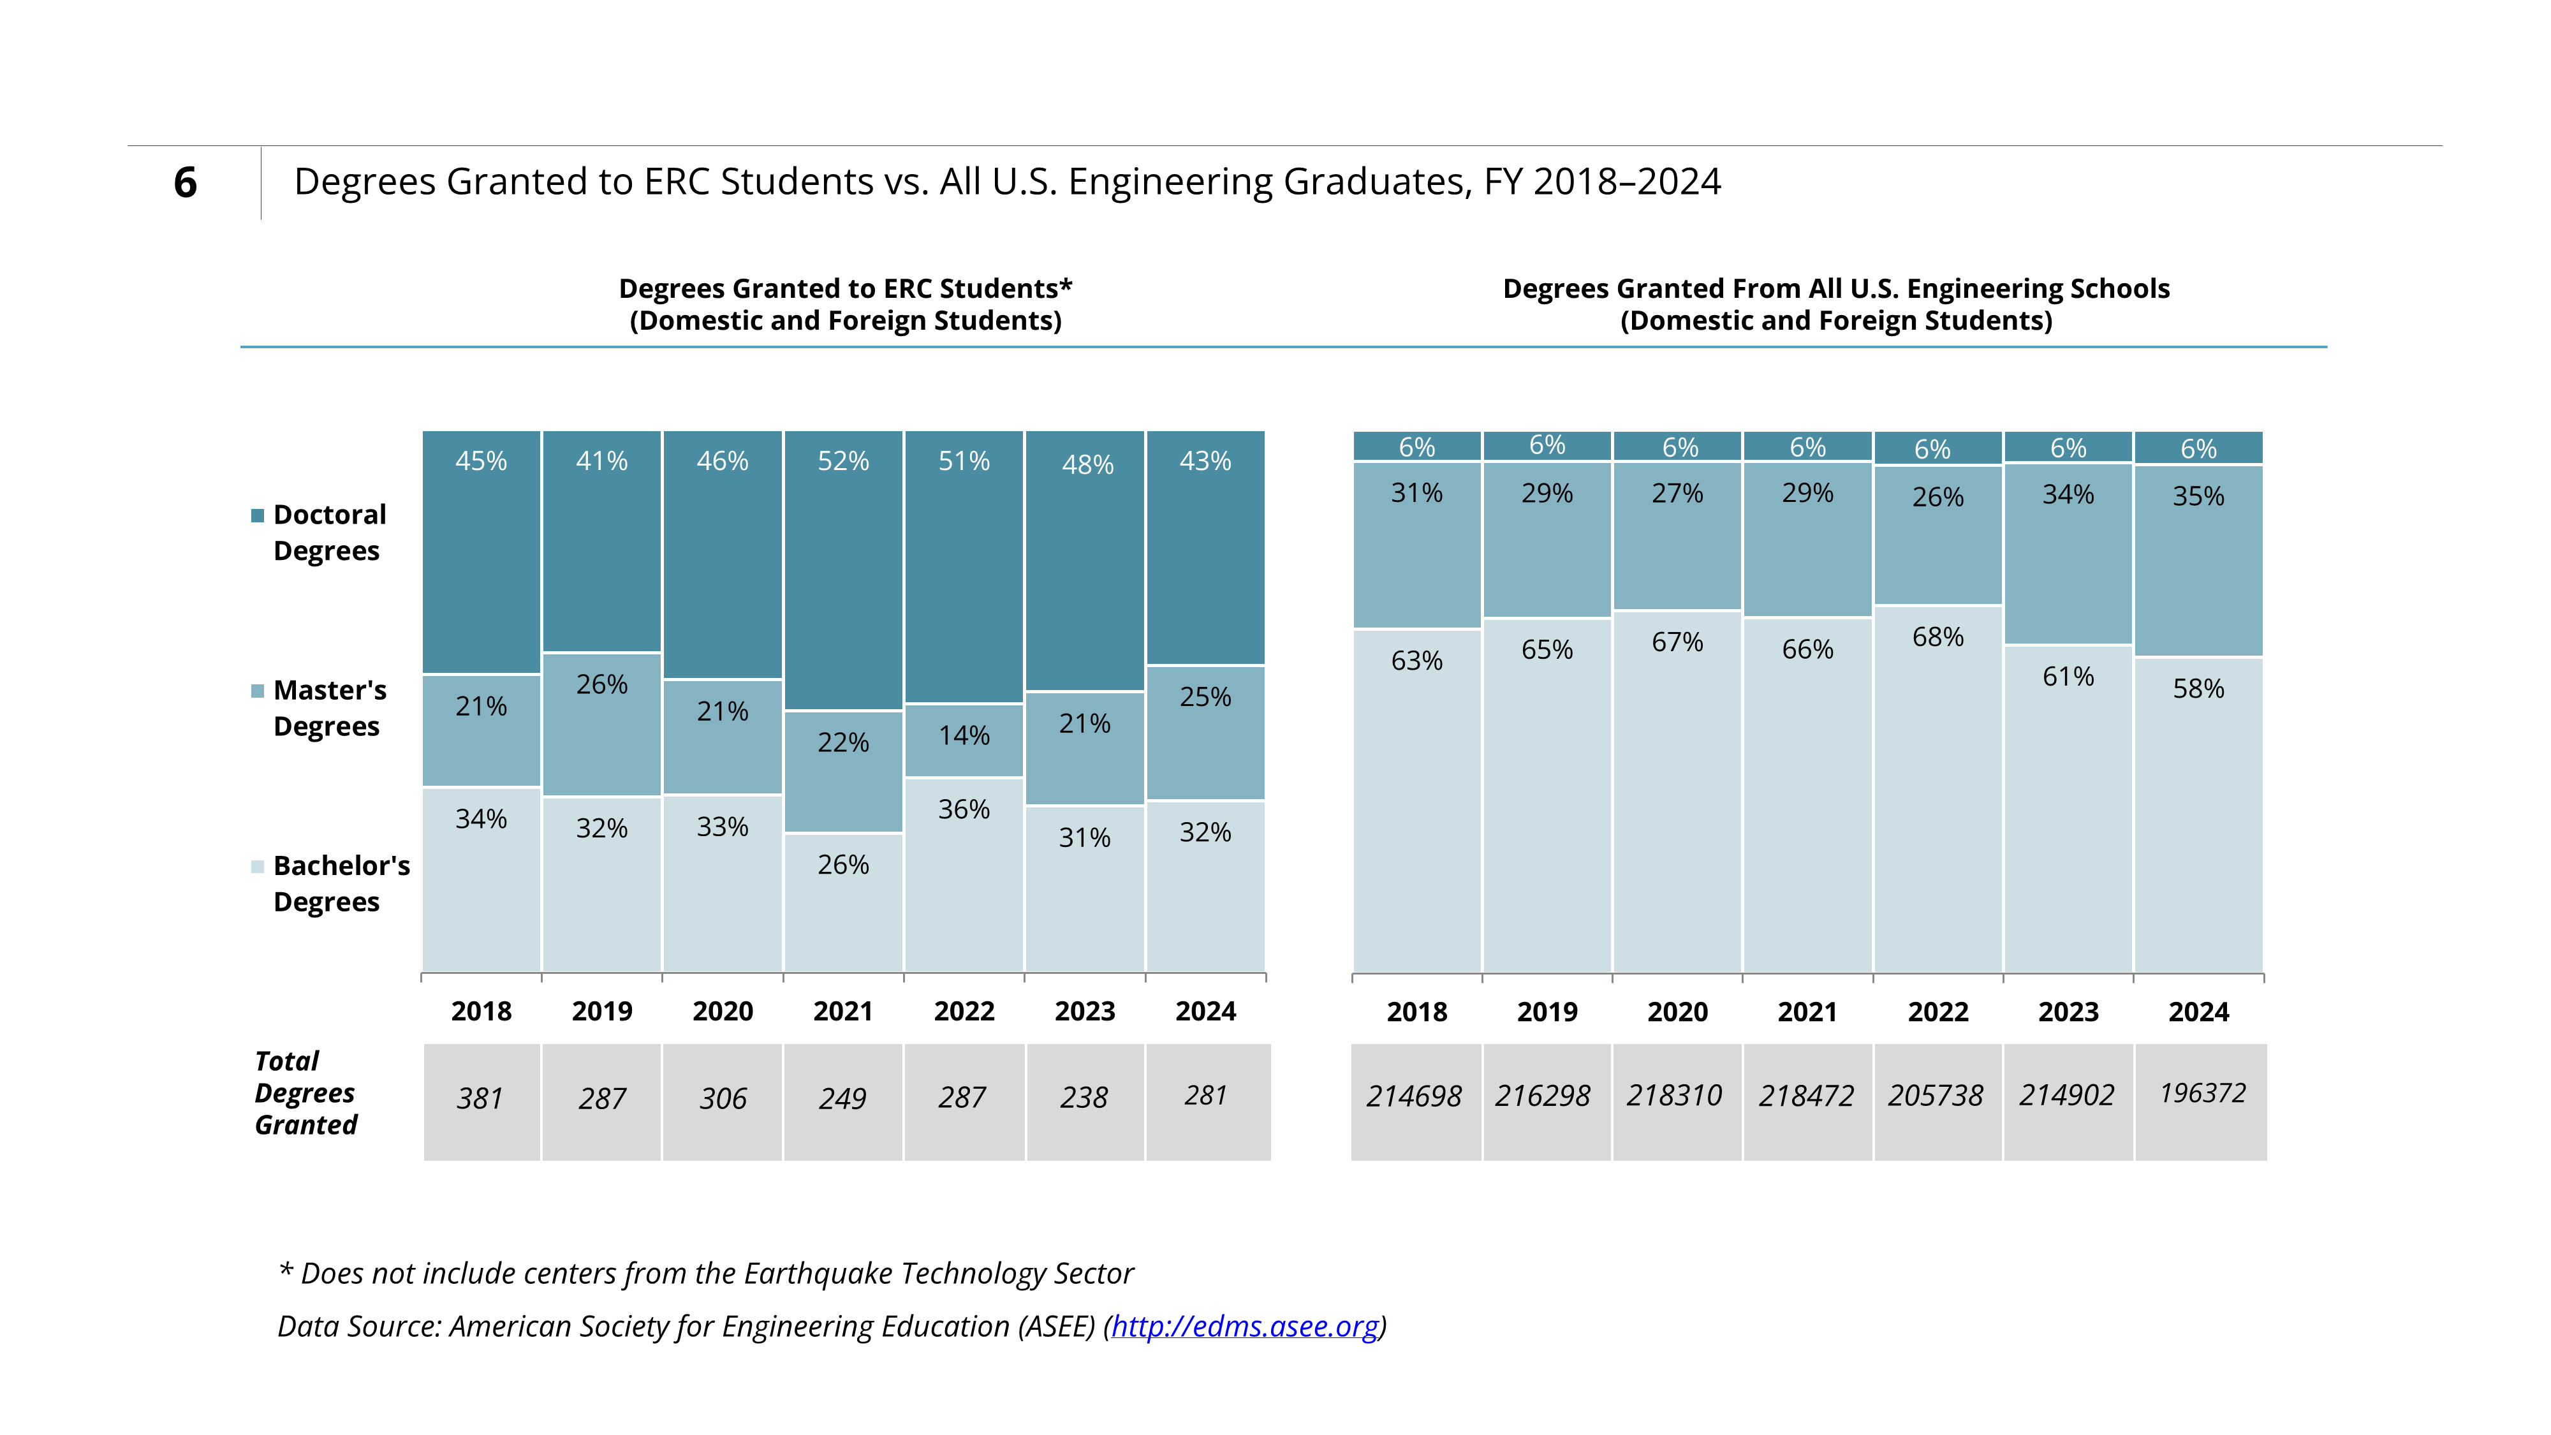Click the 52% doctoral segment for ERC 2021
click(x=842, y=570)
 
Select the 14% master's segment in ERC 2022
click(x=964, y=740)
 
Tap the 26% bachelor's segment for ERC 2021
click(x=842, y=902)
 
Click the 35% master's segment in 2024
click(x=2198, y=561)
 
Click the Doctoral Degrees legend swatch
click(x=258, y=515)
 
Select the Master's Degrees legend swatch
click(x=258, y=690)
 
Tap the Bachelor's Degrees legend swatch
click(x=258, y=867)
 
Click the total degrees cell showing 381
click(x=482, y=1101)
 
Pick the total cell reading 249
click(x=842, y=1101)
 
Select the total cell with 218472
click(x=1807, y=1101)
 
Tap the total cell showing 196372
click(x=2200, y=1101)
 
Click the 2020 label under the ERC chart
click(x=723, y=1011)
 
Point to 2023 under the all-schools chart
click(x=2069, y=1012)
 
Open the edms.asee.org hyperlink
click(x=1245, y=1326)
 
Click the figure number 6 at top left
click(x=185, y=182)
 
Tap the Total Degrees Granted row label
click(x=306, y=1093)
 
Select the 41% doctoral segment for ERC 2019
click(x=601, y=541)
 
